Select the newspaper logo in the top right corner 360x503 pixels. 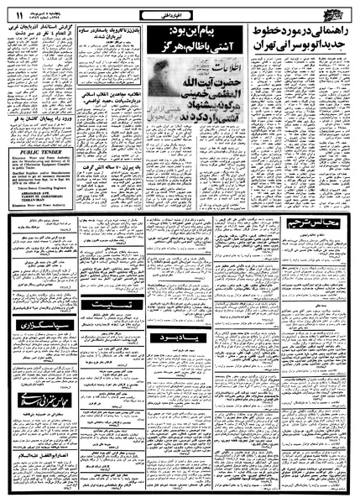click(x=333, y=12)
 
